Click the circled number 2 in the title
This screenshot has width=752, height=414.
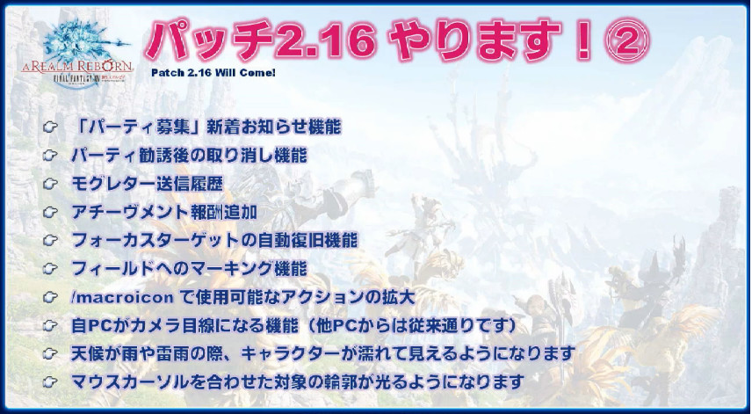(x=628, y=40)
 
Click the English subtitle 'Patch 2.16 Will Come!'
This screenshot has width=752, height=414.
(x=213, y=72)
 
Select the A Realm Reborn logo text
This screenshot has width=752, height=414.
(x=76, y=66)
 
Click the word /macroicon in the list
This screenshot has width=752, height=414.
(x=122, y=297)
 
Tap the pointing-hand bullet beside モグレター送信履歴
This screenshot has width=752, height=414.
(x=50, y=184)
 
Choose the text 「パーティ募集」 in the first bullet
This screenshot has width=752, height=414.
(x=138, y=127)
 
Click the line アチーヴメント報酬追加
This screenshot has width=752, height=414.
(x=164, y=212)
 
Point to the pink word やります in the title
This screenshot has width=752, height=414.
(x=474, y=40)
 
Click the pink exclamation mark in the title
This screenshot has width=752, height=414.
(x=582, y=40)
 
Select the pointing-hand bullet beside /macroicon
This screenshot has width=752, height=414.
(x=50, y=297)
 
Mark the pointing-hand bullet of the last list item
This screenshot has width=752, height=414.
(x=50, y=381)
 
